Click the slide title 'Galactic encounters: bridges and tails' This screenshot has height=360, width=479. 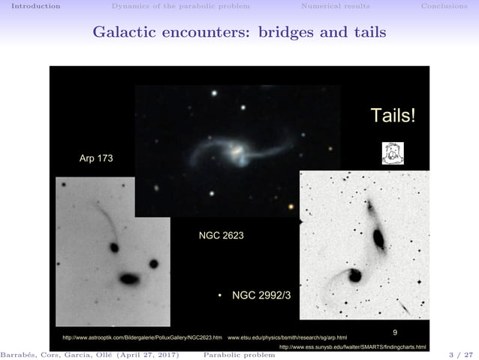pos(239,33)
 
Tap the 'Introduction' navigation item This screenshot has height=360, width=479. pos(31,6)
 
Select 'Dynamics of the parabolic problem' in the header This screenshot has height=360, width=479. pos(180,6)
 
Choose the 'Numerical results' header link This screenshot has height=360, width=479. pos(335,6)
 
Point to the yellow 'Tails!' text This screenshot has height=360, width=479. pos(392,116)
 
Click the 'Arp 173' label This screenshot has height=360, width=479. pos(96,159)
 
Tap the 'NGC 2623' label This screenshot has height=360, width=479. pos(221,235)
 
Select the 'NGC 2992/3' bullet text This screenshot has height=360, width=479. pos(261,295)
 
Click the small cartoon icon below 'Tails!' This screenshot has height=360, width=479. pos(393,153)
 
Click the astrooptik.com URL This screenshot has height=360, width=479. pos(142,338)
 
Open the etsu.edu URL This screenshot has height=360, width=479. pos(287,338)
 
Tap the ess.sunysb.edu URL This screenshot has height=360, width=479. pos(352,347)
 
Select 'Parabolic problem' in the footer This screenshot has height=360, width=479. pos(239,354)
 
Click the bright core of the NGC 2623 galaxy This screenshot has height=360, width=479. pos(237,151)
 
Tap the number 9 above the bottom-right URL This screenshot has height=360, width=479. pos(396,331)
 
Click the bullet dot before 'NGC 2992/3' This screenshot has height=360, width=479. pos(220,296)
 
